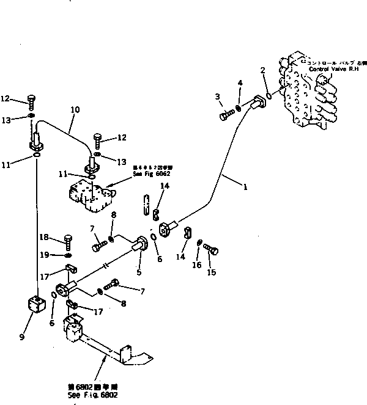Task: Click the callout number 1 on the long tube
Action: [245, 188]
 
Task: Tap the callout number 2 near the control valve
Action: [262, 71]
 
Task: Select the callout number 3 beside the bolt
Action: [217, 97]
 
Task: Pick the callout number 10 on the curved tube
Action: [75, 111]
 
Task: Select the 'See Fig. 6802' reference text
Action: [93, 395]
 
